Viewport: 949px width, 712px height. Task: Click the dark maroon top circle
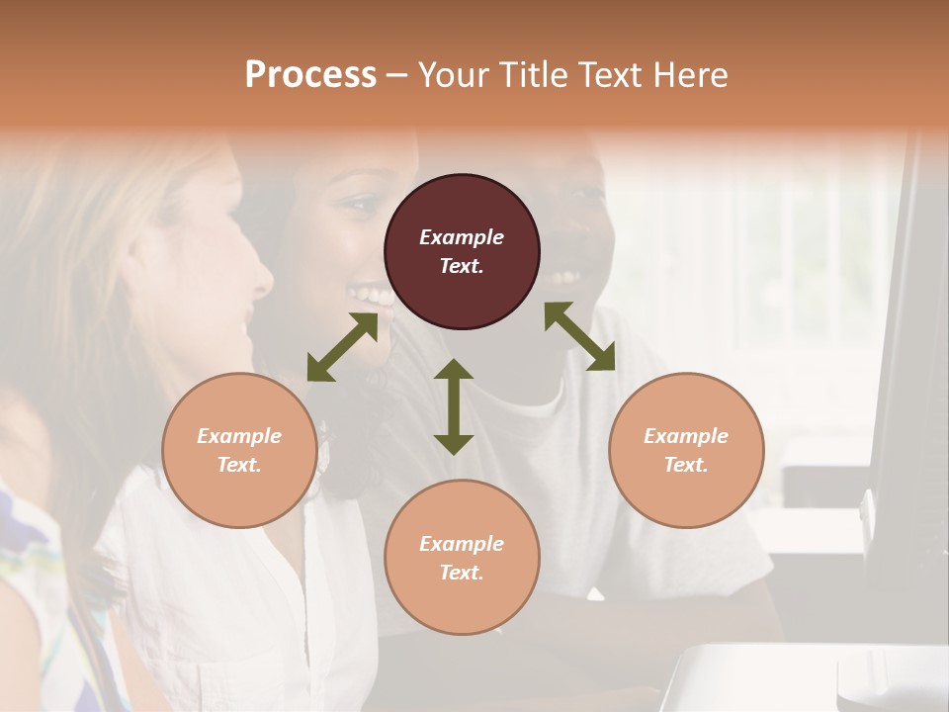(462, 252)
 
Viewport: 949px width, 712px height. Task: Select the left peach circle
(239, 450)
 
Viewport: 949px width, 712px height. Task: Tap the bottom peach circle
(462, 558)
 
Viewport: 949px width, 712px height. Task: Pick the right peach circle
(686, 450)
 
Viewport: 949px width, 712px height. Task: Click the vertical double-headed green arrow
(454, 406)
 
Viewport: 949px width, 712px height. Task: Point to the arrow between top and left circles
(342, 347)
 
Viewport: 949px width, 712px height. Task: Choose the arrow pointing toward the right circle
(580, 336)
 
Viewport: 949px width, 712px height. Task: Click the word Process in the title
(310, 74)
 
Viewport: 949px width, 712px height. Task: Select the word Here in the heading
(691, 74)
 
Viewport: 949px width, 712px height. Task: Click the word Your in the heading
(452, 74)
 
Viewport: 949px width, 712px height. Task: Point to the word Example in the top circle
(462, 237)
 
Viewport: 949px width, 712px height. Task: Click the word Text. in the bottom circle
(462, 573)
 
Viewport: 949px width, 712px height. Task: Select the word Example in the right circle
(686, 436)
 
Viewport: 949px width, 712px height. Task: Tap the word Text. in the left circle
(239, 465)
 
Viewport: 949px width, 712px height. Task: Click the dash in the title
(397, 75)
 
